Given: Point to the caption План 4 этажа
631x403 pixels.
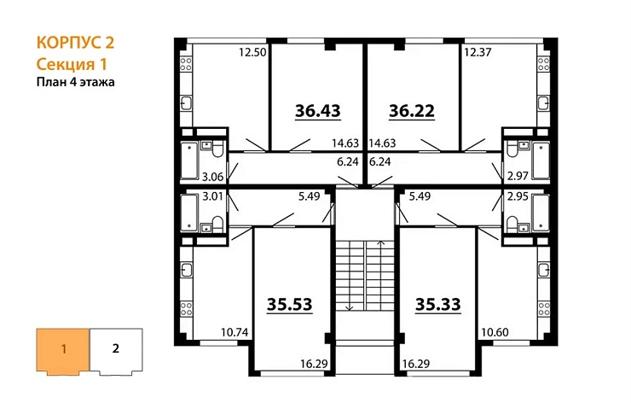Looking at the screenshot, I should (75, 83).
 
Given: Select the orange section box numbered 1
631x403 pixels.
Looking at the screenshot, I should (62, 348).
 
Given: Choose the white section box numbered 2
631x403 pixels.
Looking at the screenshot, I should (115, 348).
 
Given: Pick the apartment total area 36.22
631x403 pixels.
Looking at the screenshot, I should (412, 111).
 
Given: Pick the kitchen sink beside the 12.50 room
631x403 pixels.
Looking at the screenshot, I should (187, 105).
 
